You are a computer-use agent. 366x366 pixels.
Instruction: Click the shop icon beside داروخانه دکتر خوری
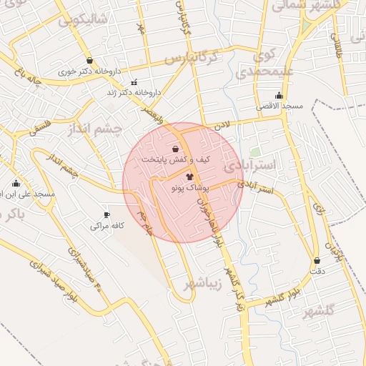[x=89, y=61]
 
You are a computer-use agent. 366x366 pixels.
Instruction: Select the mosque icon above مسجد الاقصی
[x=279, y=96]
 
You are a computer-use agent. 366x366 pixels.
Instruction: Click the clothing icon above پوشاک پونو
[x=189, y=176]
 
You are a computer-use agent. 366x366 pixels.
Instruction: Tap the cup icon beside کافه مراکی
[x=107, y=214]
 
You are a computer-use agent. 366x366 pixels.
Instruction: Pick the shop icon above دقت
[x=317, y=261]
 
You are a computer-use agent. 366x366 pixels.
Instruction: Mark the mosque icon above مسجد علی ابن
[x=16, y=184]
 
